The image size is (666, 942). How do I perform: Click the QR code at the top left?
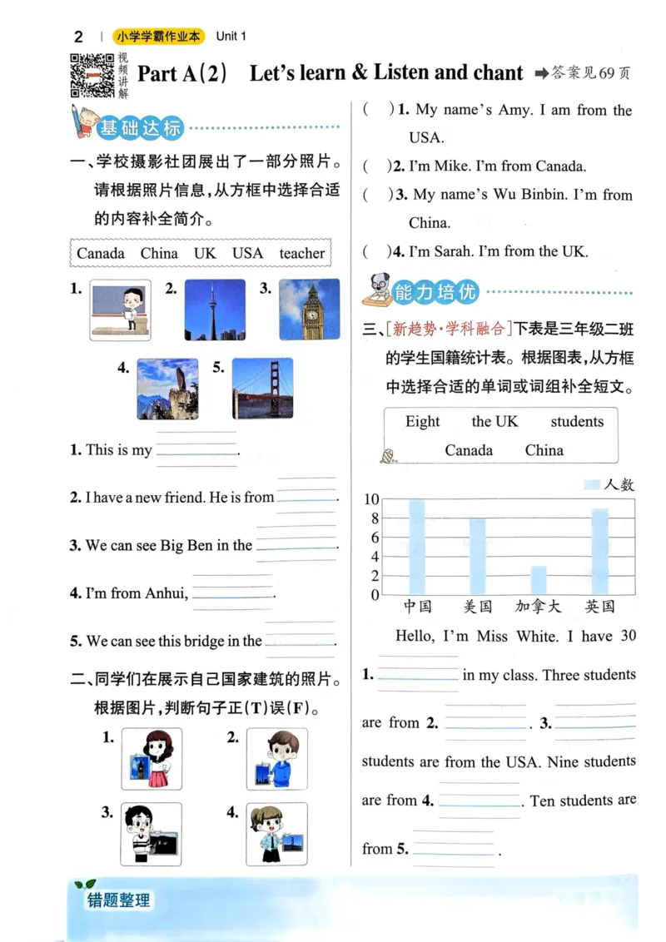coord(92,75)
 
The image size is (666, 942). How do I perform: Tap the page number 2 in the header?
coord(79,37)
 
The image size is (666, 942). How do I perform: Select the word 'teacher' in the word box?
coord(302,253)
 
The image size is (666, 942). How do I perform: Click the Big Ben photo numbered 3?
coord(310,310)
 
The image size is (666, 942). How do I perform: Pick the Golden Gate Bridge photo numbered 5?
coord(262,388)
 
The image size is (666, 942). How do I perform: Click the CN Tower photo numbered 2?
coord(214,310)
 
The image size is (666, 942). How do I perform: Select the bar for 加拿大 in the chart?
coord(539,580)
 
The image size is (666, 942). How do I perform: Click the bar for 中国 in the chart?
coord(416,547)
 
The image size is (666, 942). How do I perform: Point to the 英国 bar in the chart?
coord(599,551)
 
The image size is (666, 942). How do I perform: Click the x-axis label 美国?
coord(477,607)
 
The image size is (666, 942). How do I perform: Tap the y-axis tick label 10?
coord(372,499)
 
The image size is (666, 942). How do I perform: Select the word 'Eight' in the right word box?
coord(422,421)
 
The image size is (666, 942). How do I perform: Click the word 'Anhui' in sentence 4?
coord(166,593)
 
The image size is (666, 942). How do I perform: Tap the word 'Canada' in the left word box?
coord(101,253)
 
